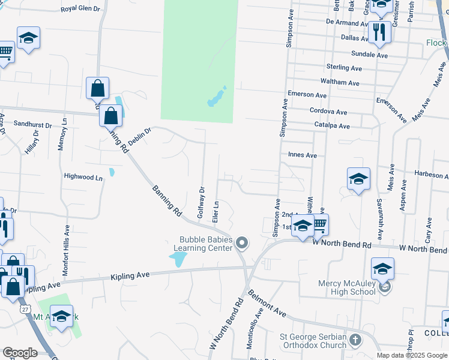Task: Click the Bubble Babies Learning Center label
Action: pos(203,242)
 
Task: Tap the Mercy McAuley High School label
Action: pos(347,287)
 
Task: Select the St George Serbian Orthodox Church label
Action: pos(313,341)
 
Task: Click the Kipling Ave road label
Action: pos(129,275)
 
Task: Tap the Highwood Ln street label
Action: pos(83,178)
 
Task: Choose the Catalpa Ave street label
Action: pos(332,126)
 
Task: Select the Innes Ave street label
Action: pos(302,155)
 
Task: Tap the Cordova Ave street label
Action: pos(328,112)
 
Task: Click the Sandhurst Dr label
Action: pos(33,124)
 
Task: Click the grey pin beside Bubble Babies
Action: pos(242,242)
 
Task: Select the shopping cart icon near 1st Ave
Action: pos(320,224)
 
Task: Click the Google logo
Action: pos(20,353)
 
